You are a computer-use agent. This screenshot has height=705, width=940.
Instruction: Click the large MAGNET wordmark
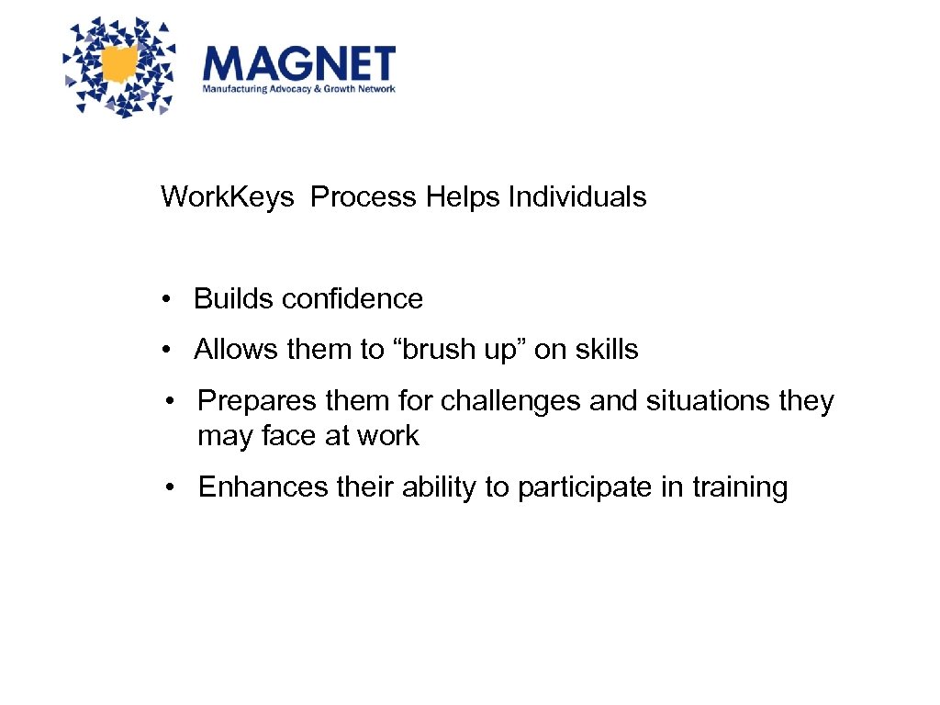click(298, 63)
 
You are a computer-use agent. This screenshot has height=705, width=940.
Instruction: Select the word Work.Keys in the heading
click(228, 196)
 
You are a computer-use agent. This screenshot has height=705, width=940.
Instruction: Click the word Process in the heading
click(364, 196)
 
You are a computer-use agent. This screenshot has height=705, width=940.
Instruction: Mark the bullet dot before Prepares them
click(171, 401)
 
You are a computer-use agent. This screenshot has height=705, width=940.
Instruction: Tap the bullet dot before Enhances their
click(171, 487)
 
